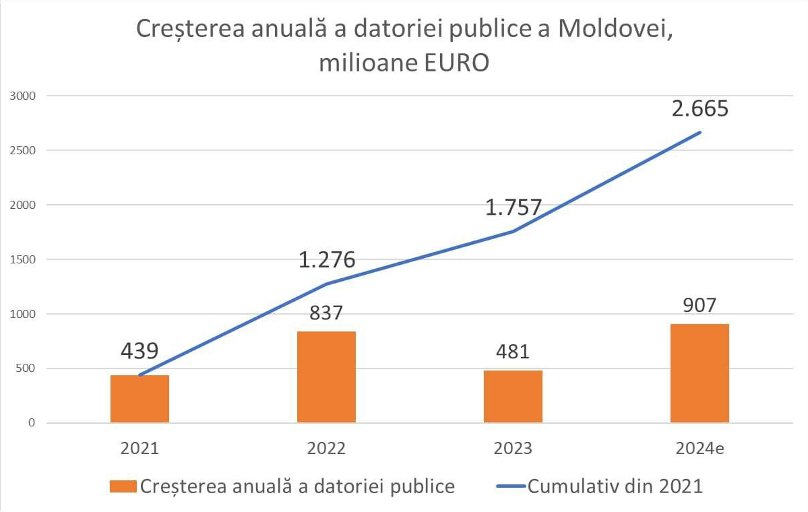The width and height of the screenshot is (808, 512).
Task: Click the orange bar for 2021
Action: click(x=139, y=399)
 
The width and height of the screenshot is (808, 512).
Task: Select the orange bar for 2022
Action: click(x=327, y=377)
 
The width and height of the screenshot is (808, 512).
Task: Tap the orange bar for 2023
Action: click(x=513, y=397)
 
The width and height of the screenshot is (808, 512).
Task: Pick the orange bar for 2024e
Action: click(x=700, y=373)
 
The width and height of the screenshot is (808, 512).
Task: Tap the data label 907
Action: click(x=700, y=305)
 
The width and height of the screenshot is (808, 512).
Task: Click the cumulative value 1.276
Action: click(x=327, y=259)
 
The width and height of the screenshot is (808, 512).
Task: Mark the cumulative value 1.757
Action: click(x=514, y=207)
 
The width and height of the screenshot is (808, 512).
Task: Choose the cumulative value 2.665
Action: click(x=700, y=108)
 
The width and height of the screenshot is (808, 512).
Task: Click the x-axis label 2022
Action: click(x=327, y=449)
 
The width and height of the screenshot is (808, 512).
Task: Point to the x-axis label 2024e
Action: click(x=700, y=449)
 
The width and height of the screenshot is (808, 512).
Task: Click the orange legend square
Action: click(x=122, y=486)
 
